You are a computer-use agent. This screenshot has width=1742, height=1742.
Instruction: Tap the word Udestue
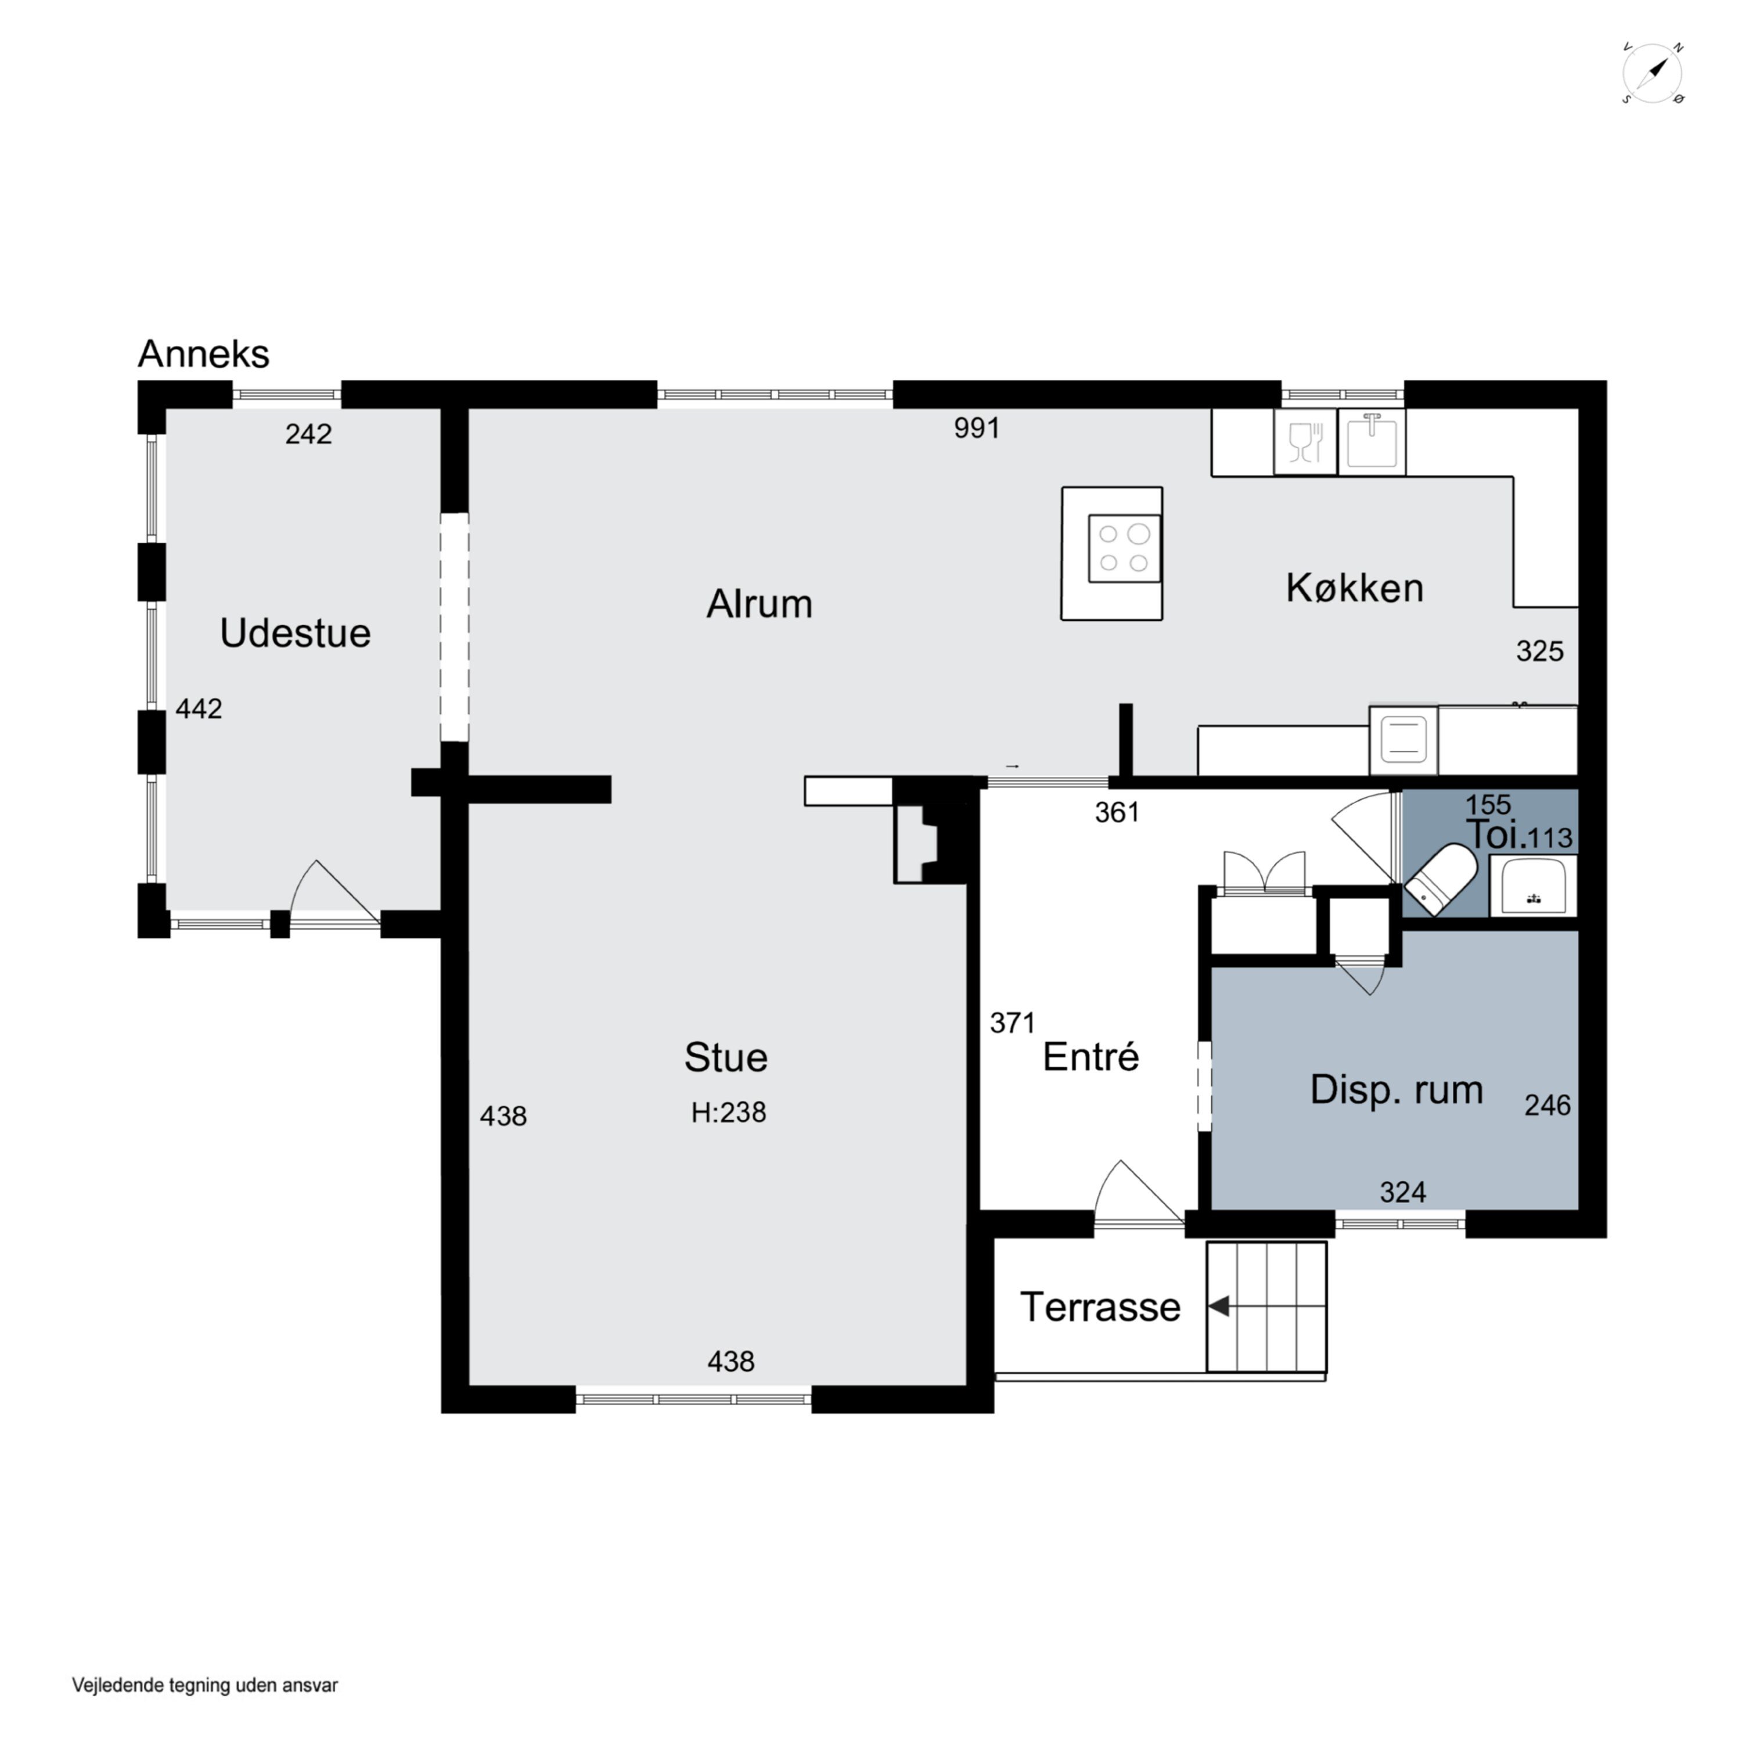tap(295, 633)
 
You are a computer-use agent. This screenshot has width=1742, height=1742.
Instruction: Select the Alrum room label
tap(759, 603)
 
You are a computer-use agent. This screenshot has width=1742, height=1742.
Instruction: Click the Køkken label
tap(1354, 588)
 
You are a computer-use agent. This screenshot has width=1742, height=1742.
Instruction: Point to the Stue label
tap(726, 1057)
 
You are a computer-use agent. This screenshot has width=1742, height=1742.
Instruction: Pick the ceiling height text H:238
tap(729, 1113)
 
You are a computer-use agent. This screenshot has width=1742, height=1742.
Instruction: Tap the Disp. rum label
tap(1397, 1090)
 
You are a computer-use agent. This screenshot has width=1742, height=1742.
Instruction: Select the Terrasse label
tap(1100, 1306)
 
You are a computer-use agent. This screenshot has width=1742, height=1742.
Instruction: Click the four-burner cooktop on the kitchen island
tap(1124, 548)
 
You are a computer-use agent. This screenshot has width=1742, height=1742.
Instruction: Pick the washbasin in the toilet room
tap(1533, 886)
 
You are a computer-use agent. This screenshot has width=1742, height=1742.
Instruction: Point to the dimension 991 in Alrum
tap(977, 427)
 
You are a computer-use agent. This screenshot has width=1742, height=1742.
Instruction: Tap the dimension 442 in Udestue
tap(199, 708)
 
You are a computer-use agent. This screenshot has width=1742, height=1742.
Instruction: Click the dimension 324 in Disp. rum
tap(1403, 1193)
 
